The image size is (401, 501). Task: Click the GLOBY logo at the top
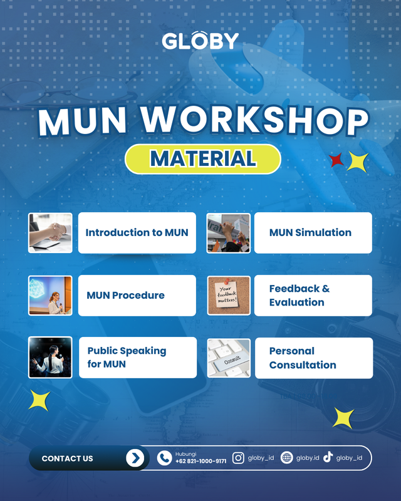(x=200, y=41)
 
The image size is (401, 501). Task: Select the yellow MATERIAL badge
(x=202, y=158)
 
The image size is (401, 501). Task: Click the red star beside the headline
(x=337, y=161)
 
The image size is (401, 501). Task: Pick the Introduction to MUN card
(x=137, y=233)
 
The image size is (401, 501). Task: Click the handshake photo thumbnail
(x=50, y=233)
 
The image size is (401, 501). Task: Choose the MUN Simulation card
(x=313, y=233)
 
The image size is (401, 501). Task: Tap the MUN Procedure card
(x=137, y=296)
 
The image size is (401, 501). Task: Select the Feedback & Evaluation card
(x=313, y=296)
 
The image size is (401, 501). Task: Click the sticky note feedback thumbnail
(x=229, y=296)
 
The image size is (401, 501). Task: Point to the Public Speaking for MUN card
(x=137, y=358)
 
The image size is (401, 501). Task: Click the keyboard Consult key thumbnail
(x=229, y=358)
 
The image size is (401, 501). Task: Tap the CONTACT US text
(x=67, y=458)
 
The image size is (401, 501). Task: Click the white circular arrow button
(x=135, y=458)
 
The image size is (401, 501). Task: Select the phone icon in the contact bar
(x=164, y=458)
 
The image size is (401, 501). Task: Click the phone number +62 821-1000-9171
(x=201, y=462)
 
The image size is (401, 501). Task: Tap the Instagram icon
(x=238, y=458)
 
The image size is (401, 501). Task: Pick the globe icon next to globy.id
(x=287, y=458)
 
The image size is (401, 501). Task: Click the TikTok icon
(x=328, y=458)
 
